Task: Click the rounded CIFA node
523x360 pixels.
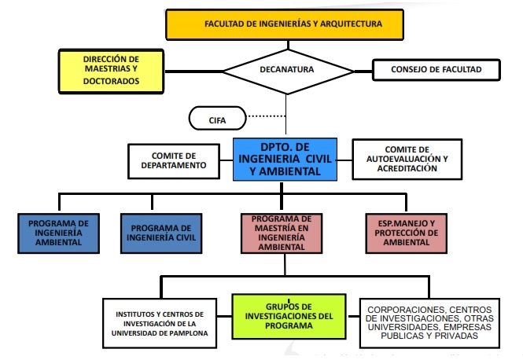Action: [217, 119]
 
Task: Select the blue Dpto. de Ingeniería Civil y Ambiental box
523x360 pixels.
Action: [285, 157]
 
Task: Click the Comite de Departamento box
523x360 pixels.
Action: [173, 160]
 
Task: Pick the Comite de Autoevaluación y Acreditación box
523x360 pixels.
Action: [407, 158]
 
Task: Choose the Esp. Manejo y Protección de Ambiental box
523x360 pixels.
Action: [407, 233]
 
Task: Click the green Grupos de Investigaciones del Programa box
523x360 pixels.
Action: [288, 316]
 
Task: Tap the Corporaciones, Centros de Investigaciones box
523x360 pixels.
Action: [429, 321]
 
